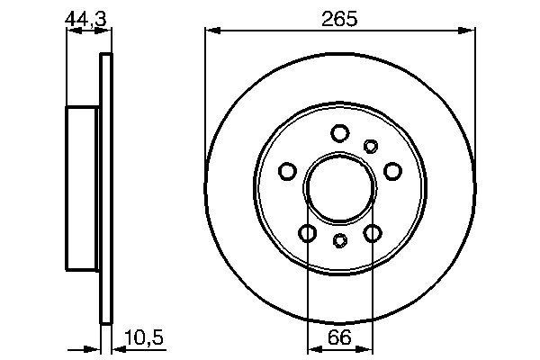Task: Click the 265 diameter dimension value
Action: pos(340,17)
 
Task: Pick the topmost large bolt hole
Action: pos(339,134)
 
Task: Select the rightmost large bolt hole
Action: pos(391,171)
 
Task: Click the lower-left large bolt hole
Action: pos(308,234)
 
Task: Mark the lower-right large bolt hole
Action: pos(372,234)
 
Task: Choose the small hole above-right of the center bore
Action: pos(370,146)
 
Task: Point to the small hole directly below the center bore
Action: pos(340,240)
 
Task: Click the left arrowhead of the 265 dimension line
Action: pos(211,31)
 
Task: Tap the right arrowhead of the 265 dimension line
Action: pos(471,31)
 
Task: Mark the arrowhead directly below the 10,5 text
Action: pos(114,347)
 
